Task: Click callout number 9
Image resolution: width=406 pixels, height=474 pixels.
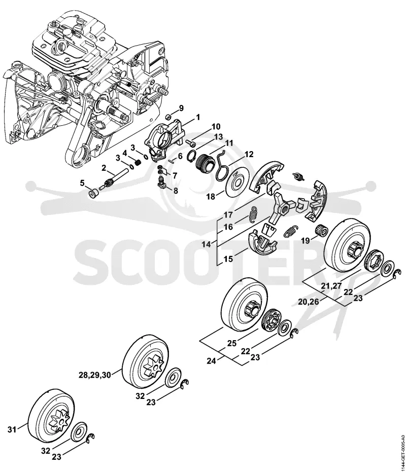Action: point(181,108)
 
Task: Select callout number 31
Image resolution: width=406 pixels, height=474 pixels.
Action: point(12,429)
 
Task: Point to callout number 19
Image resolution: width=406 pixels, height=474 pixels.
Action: point(306,241)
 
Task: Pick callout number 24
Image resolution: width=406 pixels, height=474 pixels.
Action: point(212,360)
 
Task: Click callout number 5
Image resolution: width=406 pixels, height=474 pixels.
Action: point(82,183)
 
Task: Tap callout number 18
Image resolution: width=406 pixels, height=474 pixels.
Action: point(211,197)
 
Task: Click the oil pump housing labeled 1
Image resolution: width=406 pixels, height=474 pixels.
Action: point(164,138)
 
